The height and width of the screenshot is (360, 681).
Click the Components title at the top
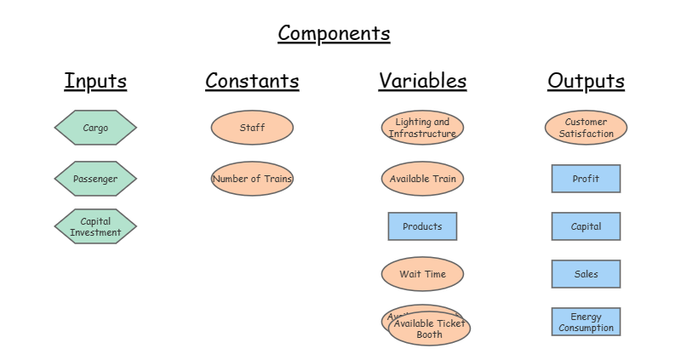coord(334,33)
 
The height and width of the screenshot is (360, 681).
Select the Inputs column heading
coord(95,81)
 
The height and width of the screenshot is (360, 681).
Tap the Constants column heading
coord(252,81)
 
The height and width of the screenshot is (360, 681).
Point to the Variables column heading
coord(422,81)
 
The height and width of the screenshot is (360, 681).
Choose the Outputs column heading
coord(586,81)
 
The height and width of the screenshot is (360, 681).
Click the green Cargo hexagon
coord(95,129)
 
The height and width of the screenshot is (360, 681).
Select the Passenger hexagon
coord(95,179)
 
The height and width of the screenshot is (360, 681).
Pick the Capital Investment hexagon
coord(95,226)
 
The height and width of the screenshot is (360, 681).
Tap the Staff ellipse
coord(252,128)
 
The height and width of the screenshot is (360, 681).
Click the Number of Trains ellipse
coord(252,179)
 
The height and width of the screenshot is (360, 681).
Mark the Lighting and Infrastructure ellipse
coord(422,128)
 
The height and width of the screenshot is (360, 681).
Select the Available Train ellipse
coord(422,179)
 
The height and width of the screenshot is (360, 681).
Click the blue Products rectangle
coord(422,226)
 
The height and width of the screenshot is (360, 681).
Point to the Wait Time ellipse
coord(422,274)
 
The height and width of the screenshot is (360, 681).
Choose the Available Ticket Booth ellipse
coord(430,329)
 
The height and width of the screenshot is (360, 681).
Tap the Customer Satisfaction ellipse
coord(586,128)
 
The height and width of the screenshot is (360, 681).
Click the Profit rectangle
coord(586,179)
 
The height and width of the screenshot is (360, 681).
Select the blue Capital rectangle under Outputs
coord(586,226)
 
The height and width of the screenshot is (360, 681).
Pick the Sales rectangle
coord(586,274)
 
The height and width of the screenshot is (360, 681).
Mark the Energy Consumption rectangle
coord(586,322)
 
